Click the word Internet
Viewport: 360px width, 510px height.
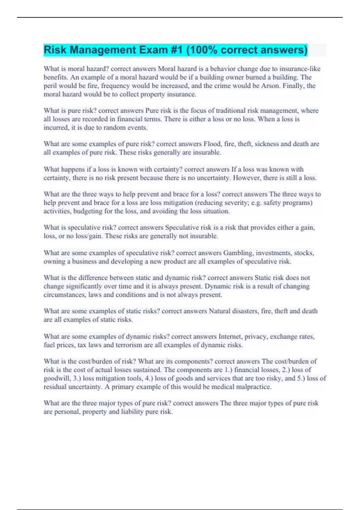[x=230, y=337]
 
